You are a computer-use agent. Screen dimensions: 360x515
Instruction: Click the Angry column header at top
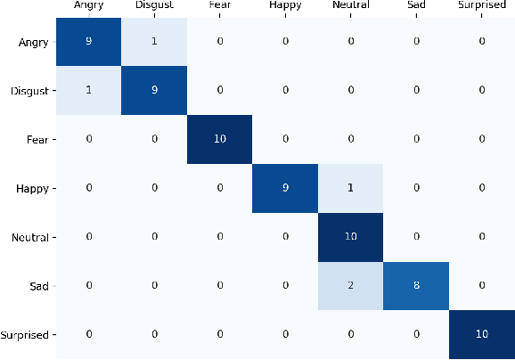pos(89,6)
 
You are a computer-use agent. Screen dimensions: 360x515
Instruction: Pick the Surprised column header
pos(481,6)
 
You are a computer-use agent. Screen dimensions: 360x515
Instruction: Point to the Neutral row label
pos(31,238)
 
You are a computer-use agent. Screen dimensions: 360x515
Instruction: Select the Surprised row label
pos(26,336)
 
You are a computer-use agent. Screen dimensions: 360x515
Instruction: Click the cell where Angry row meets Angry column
pos(89,41)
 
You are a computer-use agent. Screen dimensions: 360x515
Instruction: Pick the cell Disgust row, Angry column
pos(89,90)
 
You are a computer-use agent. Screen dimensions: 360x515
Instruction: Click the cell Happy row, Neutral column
pos(351,188)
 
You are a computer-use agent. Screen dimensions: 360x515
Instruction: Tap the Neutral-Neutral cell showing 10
pos(351,237)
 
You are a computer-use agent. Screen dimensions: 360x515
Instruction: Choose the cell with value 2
pos(351,286)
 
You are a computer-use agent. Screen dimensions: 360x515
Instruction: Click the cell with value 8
pos(416,286)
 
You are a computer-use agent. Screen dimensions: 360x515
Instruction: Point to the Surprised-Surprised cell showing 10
pos(481,335)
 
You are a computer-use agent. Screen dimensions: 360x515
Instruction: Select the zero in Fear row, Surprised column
pos(481,139)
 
